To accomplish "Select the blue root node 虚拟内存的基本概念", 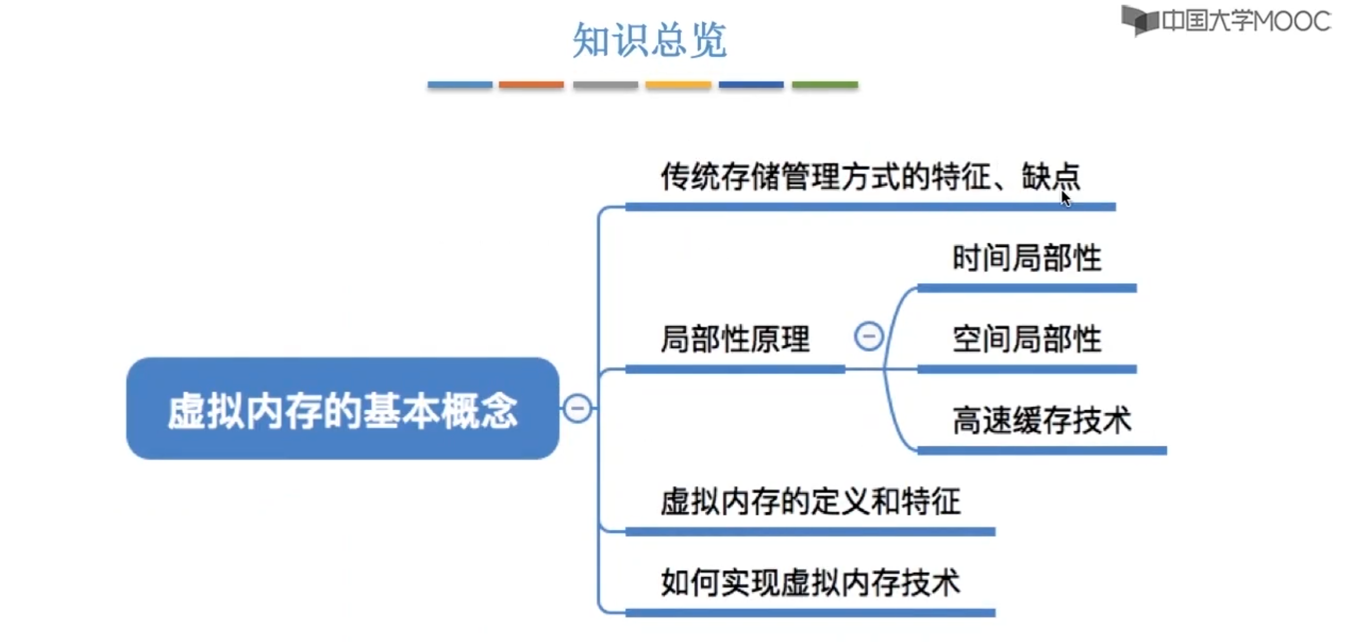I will [x=343, y=409].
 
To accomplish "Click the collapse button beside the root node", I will [x=577, y=407].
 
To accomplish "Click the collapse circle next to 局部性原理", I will [x=869, y=336].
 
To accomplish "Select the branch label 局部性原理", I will [x=735, y=339].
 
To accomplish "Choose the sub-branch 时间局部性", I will [x=1027, y=258].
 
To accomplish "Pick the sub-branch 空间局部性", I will [x=1027, y=339].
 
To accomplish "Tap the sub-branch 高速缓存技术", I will [x=1042, y=420].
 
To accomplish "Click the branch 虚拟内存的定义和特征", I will [x=810, y=501].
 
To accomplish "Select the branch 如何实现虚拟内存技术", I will [x=810, y=583].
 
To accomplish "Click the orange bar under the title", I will [x=531, y=85].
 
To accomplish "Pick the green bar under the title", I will [x=825, y=85].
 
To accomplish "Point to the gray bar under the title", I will [x=606, y=85].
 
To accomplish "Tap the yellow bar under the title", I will [x=678, y=85].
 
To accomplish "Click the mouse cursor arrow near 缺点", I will [x=1065, y=198].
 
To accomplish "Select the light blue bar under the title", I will [x=460, y=85].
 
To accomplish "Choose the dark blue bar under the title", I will [x=751, y=85].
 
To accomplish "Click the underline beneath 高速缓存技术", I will [x=1042, y=451].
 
